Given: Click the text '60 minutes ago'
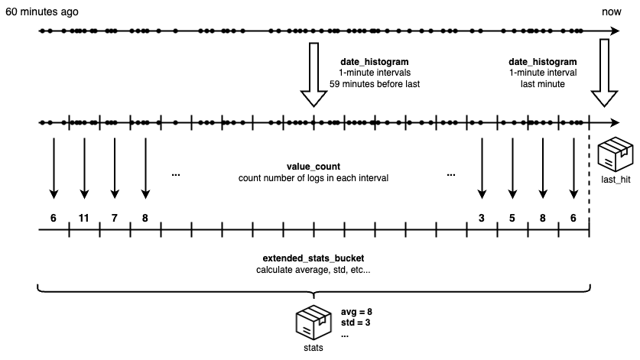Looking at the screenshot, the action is tap(42, 11).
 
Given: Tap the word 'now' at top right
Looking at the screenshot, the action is tap(612, 11).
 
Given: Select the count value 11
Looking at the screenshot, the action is tap(83, 219).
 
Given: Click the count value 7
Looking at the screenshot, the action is tap(114, 219).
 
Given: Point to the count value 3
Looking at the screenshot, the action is tap(482, 219).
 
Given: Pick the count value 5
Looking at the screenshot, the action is tap(512, 219).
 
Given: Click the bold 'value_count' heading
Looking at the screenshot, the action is tap(314, 167).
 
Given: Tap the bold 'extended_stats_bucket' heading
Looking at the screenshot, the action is tap(314, 258).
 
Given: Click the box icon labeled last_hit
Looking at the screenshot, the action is tap(616, 154).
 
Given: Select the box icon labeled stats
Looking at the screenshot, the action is tap(314, 322).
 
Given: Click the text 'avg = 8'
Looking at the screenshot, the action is tap(356, 313).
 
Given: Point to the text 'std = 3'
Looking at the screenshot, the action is tap(356, 323).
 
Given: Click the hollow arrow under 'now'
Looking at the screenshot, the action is tap(604, 73).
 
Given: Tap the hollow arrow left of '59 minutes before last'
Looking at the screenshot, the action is tap(314, 75).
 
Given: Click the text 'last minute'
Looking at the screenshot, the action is tap(543, 84).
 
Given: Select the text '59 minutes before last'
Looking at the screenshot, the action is tap(375, 84).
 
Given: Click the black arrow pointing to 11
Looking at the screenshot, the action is tap(84, 168).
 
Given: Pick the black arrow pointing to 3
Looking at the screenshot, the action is tap(482, 168).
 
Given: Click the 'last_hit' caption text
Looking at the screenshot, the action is tap(616, 180).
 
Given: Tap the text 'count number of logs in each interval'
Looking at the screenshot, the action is tap(314, 178).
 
